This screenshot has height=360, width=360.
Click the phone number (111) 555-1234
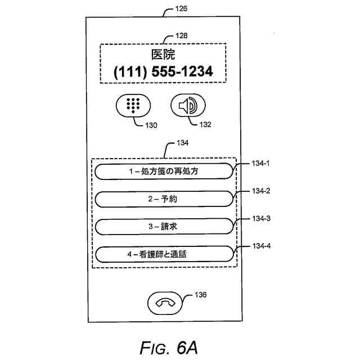[163, 73]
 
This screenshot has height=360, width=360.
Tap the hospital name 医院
[163, 55]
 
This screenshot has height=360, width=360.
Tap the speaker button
[188, 106]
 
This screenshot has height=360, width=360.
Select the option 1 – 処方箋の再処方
[163, 171]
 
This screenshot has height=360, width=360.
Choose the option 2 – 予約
[163, 199]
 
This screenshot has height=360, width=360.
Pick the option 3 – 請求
[163, 227]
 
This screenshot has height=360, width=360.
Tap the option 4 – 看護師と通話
[163, 254]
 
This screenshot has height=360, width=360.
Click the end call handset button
[164, 303]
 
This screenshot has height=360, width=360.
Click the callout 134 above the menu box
[182, 143]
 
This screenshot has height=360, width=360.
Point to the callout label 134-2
[261, 191]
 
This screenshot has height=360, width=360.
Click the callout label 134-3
[261, 218]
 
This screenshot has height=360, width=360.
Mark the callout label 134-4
[261, 246]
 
